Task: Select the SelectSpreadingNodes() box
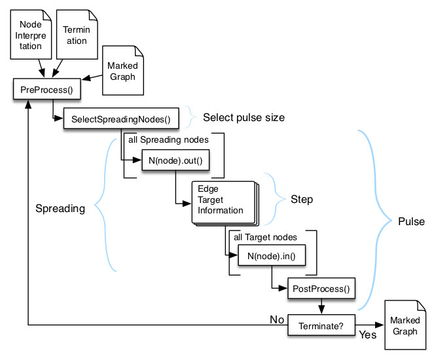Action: pos(121,118)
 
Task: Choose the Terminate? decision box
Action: pos(321,325)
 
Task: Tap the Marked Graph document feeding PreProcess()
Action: pos(122,71)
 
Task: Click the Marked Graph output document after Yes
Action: pos(405,325)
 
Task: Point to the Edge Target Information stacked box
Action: pos(223,201)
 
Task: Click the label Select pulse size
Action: pos(244,118)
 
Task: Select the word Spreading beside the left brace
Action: pos(60,209)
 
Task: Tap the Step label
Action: pos(302,199)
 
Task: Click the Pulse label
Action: pos(411,221)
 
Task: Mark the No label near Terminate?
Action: pos(277,319)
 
